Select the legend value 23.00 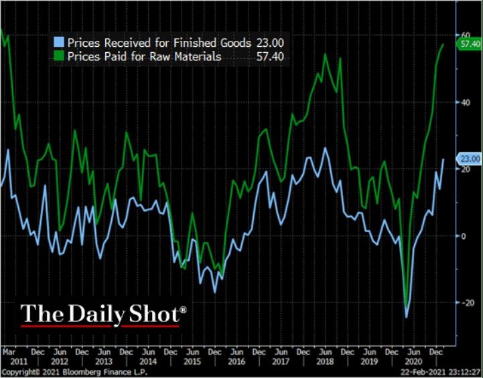click(269, 42)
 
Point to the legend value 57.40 click(269, 57)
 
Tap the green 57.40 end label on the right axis click(468, 44)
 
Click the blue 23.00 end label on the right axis click(468, 159)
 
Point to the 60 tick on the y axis click(463, 35)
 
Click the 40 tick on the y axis click(463, 102)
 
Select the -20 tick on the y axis click(462, 302)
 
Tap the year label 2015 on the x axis click(192, 361)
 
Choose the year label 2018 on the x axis click(324, 361)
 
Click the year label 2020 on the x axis click(413, 361)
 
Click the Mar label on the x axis click(9, 351)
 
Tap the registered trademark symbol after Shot click(183, 310)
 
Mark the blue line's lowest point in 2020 click(406, 316)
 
